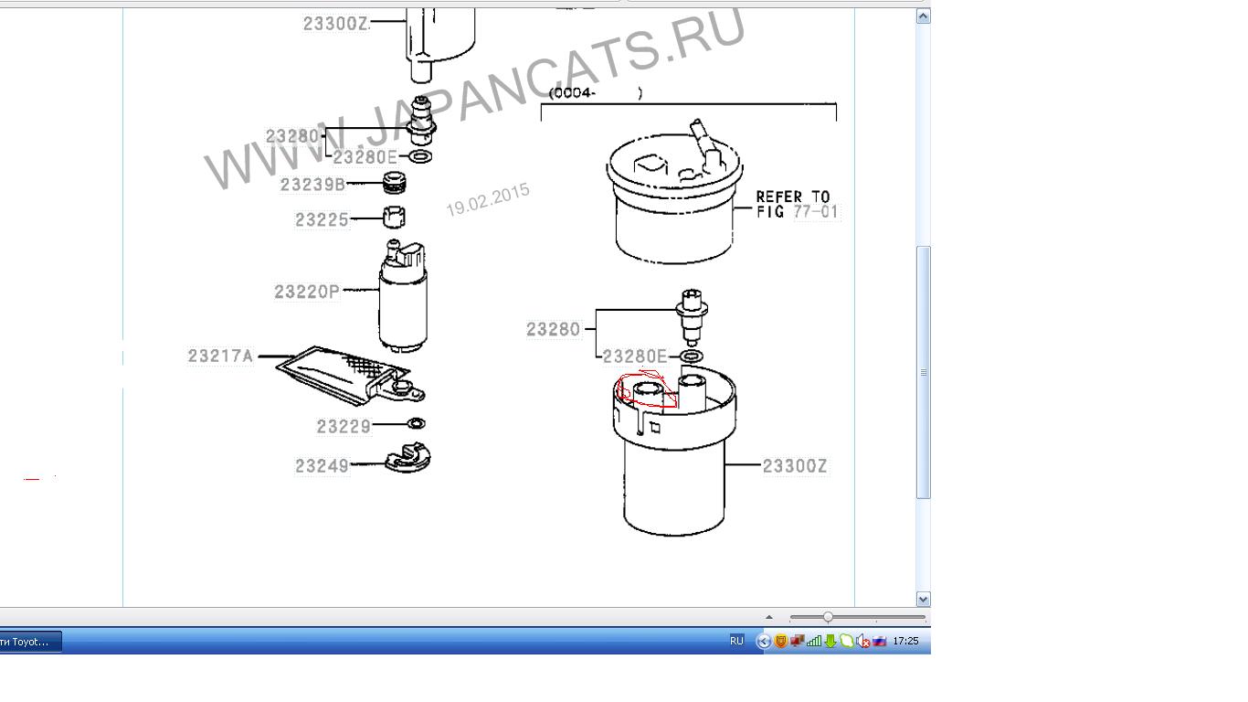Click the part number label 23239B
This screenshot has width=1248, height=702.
(312, 185)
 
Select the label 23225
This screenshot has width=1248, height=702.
(322, 220)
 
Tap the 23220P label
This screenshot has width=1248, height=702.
(307, 292)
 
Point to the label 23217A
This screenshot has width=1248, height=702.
(220, 356)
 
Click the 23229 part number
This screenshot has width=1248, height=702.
(344, 427)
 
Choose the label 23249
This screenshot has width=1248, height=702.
(322, 465)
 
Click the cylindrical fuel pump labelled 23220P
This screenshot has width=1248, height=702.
(403, 297)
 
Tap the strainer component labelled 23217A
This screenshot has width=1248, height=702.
(350, 375)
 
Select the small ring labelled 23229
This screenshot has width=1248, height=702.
(417, 424)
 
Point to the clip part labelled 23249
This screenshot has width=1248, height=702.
(408, 458)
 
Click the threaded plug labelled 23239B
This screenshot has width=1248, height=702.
(394, 182)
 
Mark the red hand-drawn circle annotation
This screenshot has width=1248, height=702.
(619, 390)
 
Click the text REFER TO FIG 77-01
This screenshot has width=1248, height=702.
(797, 204)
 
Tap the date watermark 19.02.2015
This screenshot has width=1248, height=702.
(488, 199)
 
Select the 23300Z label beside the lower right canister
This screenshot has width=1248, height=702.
(795, 466)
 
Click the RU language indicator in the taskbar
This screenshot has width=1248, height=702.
(736, 641)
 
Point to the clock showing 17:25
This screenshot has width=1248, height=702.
(905, 641)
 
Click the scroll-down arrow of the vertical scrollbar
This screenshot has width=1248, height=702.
(923, 600)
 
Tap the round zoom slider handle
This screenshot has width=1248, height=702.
(828, 617)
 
